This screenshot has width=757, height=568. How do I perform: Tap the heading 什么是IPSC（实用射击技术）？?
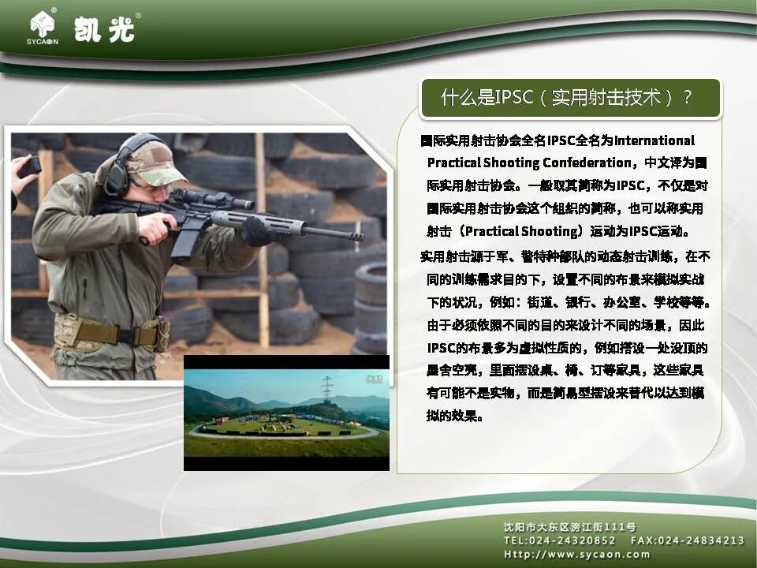(566, 98)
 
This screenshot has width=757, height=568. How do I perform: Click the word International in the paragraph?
(654, 140)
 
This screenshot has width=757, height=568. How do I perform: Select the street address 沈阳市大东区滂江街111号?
(569, 526)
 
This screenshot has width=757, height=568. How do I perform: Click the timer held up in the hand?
(30, 166)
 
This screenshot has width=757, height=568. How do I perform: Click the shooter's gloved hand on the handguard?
(256, 231)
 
